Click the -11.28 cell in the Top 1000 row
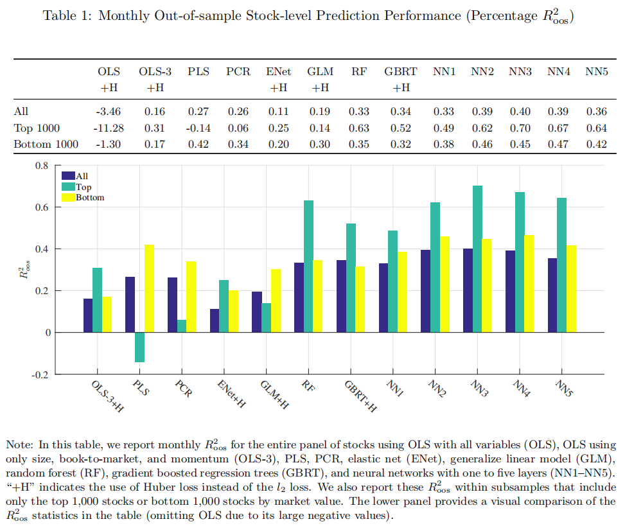coord(107,128)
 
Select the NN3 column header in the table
coord(520,73)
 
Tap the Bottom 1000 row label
coord(46,144)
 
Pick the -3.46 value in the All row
coord(108,112)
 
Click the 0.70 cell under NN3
coord(520,128)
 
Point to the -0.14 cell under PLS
coord(198,128)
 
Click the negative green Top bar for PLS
coord(139,347)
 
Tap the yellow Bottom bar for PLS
coord(149,288)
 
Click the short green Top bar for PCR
coord(182,326)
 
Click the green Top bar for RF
coord(308,266)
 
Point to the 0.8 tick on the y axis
coord(42,166)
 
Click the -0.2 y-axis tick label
coord(40,374)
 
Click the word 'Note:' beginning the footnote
coord(19,444)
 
